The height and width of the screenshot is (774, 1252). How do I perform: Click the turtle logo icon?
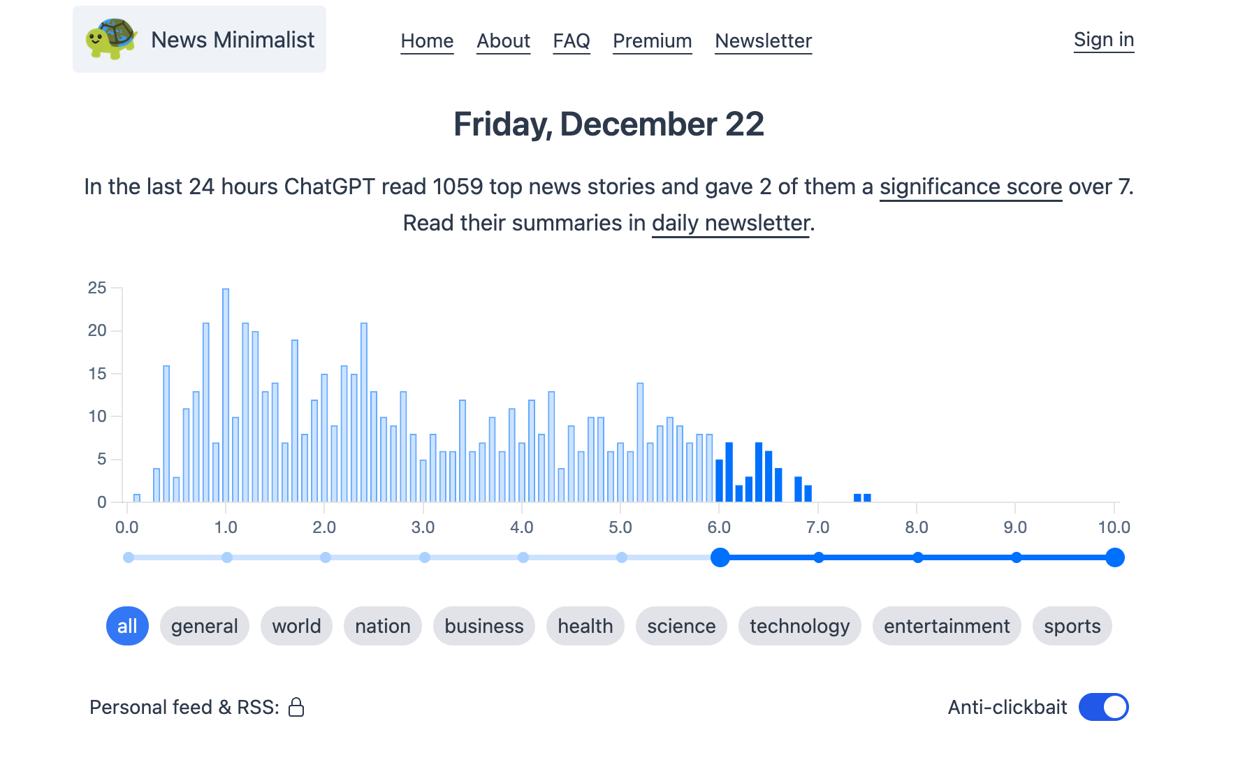(110, 39)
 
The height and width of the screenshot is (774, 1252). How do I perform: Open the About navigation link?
(503, 41)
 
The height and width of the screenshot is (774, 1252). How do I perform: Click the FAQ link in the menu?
(572, 41)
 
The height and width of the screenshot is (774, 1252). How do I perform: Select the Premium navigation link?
(652, 41)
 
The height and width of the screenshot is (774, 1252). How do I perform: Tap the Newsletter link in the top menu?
(763, 41)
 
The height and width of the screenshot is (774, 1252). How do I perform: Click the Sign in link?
(1103, 40)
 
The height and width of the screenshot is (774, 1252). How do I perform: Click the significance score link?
(970, 187)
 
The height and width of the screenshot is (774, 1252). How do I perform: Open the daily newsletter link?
(730, 224)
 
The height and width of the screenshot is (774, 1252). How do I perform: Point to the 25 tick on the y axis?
(97, 288)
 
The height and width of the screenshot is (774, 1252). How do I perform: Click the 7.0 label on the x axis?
(817, 527)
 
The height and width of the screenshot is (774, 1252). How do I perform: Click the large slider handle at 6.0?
(720, 557)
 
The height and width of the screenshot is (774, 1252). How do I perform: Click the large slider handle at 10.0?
(1114, 557)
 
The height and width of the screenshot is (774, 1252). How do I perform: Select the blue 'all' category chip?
(127, 626)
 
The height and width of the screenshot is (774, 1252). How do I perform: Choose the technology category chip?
(799, 626)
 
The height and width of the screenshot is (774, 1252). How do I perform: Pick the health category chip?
(585, 626)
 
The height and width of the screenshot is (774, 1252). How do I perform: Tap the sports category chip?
(1072, 626)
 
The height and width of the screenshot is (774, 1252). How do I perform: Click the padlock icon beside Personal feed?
(296, 708)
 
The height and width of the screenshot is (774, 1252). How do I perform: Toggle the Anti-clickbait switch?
(1103, 707)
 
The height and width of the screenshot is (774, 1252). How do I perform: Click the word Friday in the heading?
(502, 125)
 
